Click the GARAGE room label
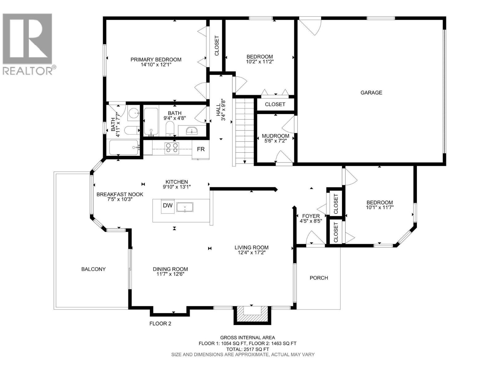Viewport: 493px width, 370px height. coord(371,92)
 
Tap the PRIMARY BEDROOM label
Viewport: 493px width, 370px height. coord(156,60)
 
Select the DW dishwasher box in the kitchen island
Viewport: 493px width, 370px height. coord(168,206)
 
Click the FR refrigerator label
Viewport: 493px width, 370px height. coord(201,149)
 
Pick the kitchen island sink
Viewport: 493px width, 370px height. coord(185,208)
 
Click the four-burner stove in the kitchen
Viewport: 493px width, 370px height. coord(172,148)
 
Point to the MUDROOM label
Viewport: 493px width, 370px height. coord(275,136)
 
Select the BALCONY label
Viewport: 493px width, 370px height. coord(93,269)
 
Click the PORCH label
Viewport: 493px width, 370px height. coord(319,278)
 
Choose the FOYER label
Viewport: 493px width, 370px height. coord(311,216)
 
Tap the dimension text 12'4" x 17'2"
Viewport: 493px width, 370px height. coord(251,253)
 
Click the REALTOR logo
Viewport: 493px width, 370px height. coord(28,43)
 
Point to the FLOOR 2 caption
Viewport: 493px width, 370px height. coord(160,323)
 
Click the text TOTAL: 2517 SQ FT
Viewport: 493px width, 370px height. coord(247,349)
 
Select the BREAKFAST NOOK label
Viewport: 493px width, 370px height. coord(120,194)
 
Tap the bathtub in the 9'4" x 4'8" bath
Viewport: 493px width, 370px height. coord(151,122)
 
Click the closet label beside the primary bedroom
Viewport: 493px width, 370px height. coord(216,46)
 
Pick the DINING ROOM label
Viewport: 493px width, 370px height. coord(170,269)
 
